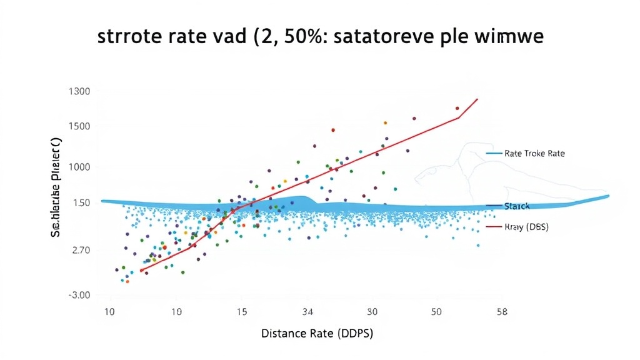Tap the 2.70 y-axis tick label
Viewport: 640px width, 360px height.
tap(79, 250)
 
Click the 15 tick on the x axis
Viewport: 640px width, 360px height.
tap(241, 311)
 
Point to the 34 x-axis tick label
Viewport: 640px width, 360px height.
tap(307, 311)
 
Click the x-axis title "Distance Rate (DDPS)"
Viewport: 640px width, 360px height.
tap(317, 334)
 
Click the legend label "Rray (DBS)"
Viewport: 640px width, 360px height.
tap(526, 227)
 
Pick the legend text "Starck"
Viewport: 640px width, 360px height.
tap(517, 206)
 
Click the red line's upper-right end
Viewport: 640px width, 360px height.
tap(478, 99)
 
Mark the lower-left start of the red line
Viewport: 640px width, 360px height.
tap(141, 271)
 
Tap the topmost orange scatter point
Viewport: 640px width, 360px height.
tap(385, 123)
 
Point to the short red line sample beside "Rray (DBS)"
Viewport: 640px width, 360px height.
tap(494, 227)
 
